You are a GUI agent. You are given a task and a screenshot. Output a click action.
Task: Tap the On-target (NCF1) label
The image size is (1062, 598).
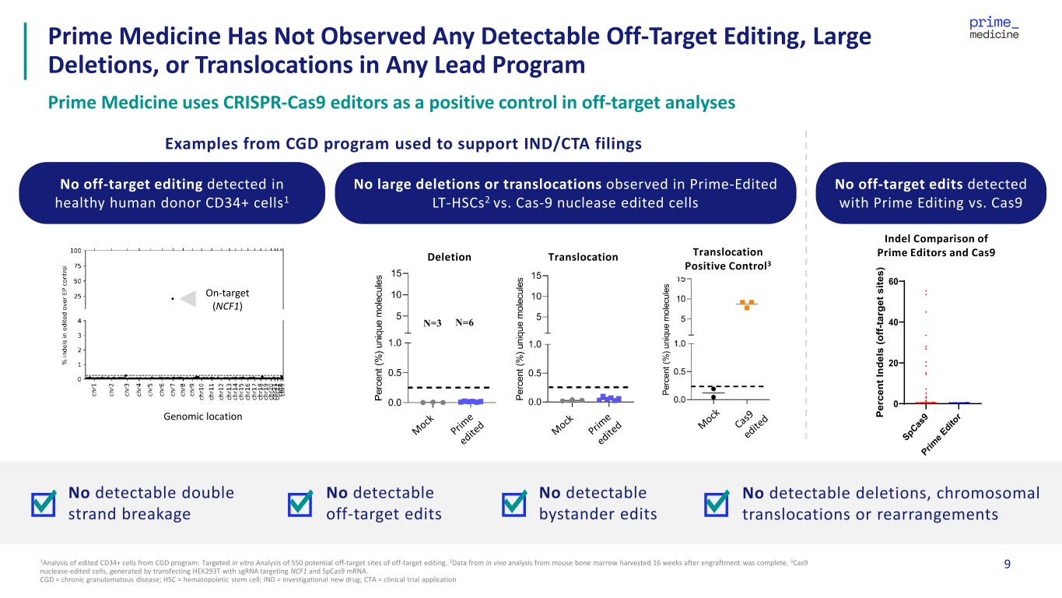tap(224, 299)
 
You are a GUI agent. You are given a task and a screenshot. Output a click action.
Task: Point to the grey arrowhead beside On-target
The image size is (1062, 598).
tap(187, 297)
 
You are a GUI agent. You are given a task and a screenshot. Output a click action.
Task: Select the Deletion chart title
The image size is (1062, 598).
tap(450, 257)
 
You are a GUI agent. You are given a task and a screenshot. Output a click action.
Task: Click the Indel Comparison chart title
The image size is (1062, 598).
tap(937, 245)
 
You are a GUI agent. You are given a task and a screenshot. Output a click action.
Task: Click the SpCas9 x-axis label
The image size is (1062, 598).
tap(915, 427)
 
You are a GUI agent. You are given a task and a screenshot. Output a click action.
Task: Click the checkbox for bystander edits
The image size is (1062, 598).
tap(514, 504)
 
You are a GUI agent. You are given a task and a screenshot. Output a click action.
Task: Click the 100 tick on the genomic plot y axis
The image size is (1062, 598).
tap(75, 251)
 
